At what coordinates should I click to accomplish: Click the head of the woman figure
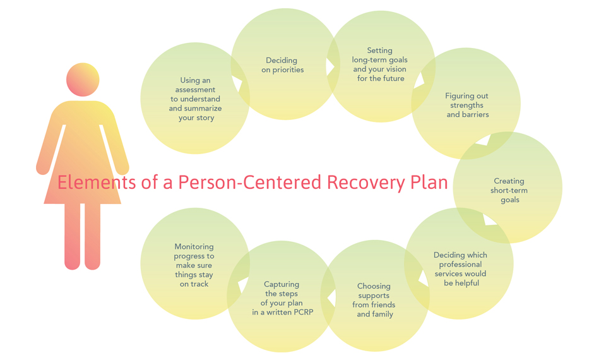coord(83,80)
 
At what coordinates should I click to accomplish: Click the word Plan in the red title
coord(429,183)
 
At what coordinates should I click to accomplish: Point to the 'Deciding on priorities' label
coord(283,65)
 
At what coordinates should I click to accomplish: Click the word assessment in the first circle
coord(195,90)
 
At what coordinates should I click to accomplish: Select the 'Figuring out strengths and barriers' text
coord(467,105)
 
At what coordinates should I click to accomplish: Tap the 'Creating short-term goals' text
coord(509,190)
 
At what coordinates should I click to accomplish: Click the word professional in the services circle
coord(460,265)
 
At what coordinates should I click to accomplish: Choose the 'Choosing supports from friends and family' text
coord(374,300)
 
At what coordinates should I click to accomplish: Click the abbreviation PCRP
coord(303,312)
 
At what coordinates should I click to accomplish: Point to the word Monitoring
coord(194,247)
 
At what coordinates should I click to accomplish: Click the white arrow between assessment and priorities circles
coord(238,82)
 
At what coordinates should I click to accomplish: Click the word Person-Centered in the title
coord(250,183)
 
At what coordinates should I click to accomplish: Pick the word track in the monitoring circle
coord(200,284)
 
